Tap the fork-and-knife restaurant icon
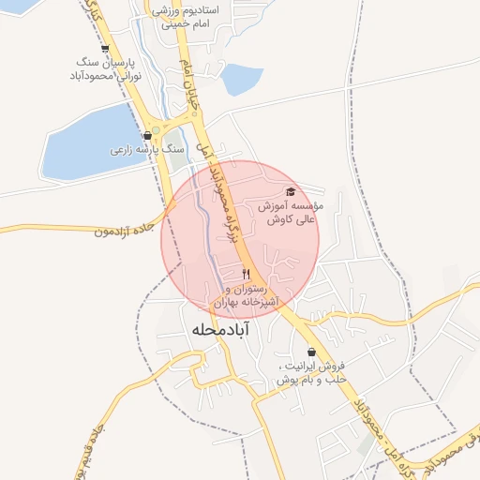click(x=247, y=274)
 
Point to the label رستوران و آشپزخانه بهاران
click(x=247, y=296)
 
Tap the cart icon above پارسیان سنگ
click(x=103, y=50)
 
